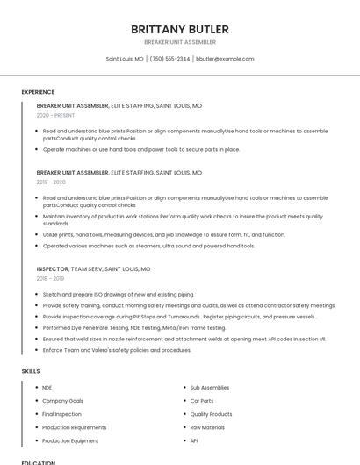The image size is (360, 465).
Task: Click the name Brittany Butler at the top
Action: [180, 29]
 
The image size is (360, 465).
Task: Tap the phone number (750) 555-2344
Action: [169, 59]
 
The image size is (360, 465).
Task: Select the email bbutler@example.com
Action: [225, 59]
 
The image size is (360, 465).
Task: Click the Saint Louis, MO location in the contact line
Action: [125, 59]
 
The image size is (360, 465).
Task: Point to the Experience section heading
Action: [38, 92]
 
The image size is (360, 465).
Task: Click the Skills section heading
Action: [31, 371]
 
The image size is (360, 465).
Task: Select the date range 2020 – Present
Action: [55, 115]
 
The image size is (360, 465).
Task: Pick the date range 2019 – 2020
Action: [51, 182]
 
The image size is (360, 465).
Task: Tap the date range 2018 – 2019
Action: [50, 278]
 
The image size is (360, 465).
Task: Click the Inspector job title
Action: [52, 269]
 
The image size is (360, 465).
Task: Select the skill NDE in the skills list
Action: [47, 387]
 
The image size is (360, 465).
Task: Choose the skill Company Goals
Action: [62, 400]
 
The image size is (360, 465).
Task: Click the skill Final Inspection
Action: [61, 414]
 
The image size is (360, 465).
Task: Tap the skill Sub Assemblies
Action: [210, 387]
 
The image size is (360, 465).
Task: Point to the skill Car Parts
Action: [202, 400]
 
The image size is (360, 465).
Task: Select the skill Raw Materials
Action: [207, 427]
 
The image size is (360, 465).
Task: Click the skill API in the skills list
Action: [194, 440]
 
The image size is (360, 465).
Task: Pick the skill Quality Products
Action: [211, 414]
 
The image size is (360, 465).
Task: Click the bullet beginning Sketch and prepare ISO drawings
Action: [119, 294]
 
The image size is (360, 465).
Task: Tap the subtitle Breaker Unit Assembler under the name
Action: [180, 42]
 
